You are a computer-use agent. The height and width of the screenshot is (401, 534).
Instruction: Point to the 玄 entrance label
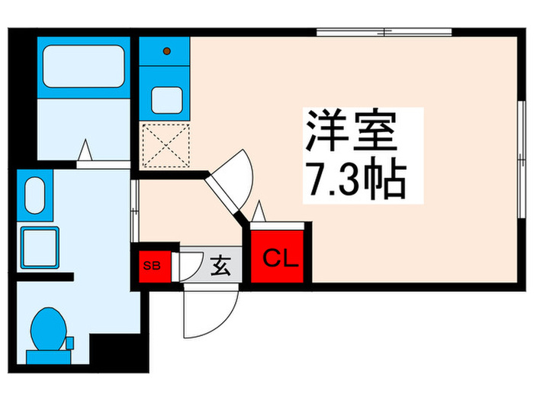tap(220, 267)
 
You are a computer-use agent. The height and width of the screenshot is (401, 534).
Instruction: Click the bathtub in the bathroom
tap(84, 66)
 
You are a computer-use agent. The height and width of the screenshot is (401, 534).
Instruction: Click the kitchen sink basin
tap(167, 99)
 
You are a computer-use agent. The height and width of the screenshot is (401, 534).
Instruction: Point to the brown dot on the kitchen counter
tap(167, 52)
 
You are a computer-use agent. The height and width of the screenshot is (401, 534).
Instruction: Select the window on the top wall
tap(385, 32)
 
